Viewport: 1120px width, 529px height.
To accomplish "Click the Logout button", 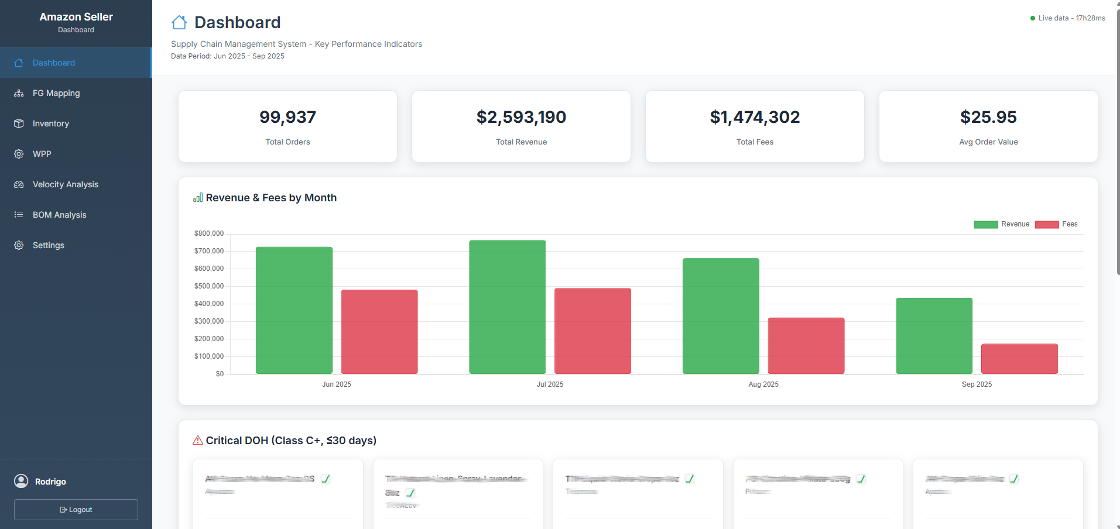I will (x=76, y=510).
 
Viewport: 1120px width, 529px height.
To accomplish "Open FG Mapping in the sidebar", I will (x=56, y=93).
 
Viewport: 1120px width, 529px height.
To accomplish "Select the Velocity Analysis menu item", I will (x=65, y=184).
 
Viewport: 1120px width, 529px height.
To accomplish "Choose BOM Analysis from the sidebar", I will (x=59, y=215).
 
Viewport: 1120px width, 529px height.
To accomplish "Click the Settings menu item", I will (x=48, y=245).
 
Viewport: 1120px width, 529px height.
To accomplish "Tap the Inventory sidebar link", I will (x=50, y=123).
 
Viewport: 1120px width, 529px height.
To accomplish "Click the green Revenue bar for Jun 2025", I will (x=294, y=310).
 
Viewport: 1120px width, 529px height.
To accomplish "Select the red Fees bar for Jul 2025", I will (x=592, y=331).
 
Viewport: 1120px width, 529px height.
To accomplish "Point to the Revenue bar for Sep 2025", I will (x=934, y=336).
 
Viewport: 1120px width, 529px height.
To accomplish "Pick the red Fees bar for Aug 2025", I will (x=806, y=345).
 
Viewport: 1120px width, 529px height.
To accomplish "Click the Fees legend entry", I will (x=1056, y=224).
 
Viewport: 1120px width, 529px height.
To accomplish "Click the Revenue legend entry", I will (x=1002, y=224).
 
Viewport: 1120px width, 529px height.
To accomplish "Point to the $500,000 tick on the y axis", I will (x=209, y=286).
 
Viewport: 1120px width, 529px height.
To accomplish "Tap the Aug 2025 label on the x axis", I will (x=763, y=384).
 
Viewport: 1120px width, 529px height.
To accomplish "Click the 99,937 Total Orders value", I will (x=287, y=117).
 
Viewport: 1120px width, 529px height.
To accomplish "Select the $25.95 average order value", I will (x=988, y=117).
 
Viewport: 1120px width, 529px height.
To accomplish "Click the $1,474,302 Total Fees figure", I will (x=755, y=117).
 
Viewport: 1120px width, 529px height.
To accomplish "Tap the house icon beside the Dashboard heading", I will (x=179, y=23).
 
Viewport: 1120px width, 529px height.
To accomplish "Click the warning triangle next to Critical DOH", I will (x=198, y=440).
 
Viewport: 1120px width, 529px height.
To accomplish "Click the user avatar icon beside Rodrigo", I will (x=21, y=481).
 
